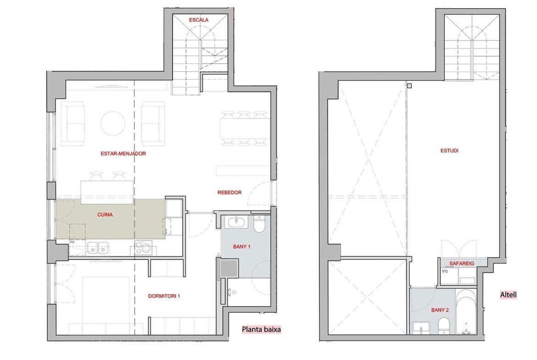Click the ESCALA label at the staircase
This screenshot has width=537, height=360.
point(199,20)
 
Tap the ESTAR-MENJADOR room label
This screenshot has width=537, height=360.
point(123,154)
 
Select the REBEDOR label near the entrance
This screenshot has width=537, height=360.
point(229,193)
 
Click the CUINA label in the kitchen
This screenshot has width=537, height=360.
point(105,215)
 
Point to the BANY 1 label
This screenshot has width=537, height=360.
point(241,246)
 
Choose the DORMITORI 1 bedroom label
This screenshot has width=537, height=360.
point(164,296)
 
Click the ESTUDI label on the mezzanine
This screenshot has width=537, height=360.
point(449,150)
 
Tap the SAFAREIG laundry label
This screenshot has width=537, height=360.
point(462,264)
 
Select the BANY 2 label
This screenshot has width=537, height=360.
point(440,310)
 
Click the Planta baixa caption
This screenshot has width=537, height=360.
point(261,330)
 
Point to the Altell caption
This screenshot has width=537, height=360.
point(508,294)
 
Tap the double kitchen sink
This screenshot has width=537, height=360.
point(98,248)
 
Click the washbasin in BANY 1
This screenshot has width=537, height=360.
point(236,222)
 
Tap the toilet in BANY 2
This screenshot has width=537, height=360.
point(444,325)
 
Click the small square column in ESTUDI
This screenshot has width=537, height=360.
point(409,86)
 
